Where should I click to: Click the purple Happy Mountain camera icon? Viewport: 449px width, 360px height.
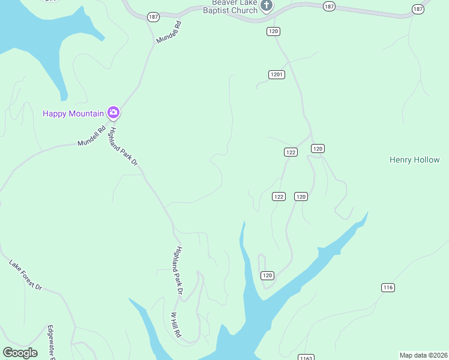click(113, 112)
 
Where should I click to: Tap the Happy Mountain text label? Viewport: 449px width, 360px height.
click(71, 113)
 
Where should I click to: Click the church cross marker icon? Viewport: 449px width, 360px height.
click(267, 6)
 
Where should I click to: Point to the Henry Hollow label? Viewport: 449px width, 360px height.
click(414, 160)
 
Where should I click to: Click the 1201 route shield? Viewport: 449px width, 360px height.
click(277, 74)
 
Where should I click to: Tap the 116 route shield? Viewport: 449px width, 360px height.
click(388, 288)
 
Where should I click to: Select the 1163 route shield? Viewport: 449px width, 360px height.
click(306, 358)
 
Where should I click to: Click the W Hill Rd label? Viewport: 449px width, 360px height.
click(176, 325)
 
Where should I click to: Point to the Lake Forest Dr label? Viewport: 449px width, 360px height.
click(25, 275)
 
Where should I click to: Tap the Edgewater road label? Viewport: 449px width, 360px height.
click(51, 342)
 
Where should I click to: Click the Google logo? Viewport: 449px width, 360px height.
click(20, 353)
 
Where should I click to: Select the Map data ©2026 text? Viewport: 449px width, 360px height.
click(423, 355)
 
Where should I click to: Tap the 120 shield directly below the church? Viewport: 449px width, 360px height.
click(274, 31)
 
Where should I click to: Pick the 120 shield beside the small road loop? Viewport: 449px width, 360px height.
click(267, 275)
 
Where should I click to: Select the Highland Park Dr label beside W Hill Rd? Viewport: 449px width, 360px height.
click(178, 271)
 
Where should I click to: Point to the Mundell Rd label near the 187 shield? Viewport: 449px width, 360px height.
click(169, 32)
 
